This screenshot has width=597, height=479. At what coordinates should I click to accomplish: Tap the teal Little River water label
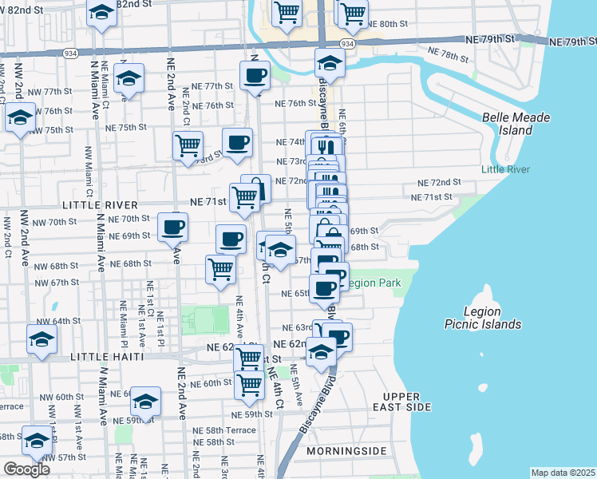[x=504, y=168]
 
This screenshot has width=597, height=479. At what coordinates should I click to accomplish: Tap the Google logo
[x=26, y=469]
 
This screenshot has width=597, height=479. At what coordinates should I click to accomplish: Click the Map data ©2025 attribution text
[x=562, y=473]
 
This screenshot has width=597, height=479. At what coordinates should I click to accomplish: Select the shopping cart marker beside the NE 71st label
[x=244, y=196]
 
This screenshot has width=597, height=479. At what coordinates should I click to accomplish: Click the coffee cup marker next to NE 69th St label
[x=172, y=227]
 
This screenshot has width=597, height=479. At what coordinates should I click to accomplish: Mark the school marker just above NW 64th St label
[x=42, y=338]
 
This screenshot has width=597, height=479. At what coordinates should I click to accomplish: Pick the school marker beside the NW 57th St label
[x=36, y=440]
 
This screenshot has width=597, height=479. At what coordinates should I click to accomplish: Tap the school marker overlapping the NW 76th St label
[x=20, y=117]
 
